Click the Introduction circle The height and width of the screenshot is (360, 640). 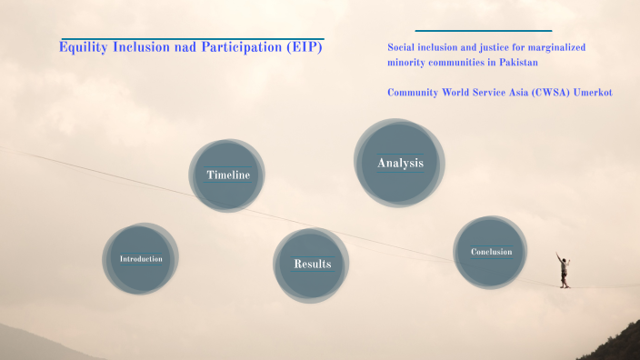point(141,259)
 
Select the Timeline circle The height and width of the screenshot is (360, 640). point(227,175)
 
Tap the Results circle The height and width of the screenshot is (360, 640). point(312,265)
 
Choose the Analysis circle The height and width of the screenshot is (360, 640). point(400,163)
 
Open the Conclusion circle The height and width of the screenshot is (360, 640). point(491,252)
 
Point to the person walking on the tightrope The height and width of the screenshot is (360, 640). point(564,270)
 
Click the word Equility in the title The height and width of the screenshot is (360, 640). point(83,46)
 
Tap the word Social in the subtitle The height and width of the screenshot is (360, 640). point(402,46)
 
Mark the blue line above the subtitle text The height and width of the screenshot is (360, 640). point(483,31)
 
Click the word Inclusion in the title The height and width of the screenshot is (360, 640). point(140,46)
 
